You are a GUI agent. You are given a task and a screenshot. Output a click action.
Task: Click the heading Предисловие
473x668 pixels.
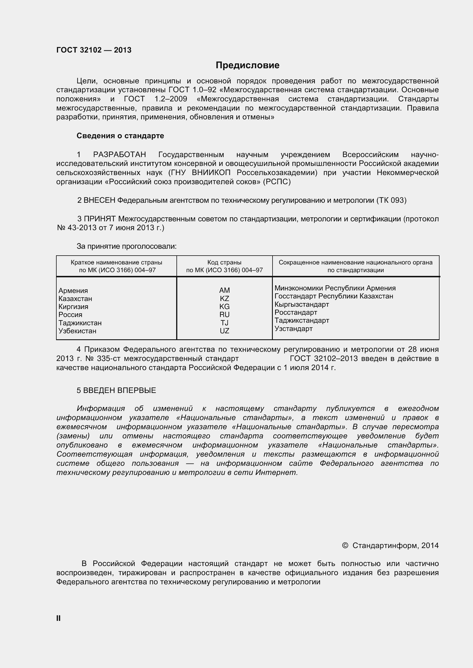(247, 65)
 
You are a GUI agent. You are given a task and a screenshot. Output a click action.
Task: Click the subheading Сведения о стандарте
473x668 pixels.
(120, 136)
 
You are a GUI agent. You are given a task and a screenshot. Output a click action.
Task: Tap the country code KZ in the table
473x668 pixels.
(224, 298)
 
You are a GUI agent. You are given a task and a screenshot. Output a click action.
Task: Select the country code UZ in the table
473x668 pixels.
(224, 331)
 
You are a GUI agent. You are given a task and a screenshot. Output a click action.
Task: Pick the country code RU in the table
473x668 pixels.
(224, 314)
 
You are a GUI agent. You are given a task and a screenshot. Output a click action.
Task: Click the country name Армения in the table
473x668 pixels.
(73, 291)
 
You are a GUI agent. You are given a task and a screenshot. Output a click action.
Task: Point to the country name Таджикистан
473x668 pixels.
(80, 323)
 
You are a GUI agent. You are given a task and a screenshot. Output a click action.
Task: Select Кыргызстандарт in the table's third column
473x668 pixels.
(301, 304)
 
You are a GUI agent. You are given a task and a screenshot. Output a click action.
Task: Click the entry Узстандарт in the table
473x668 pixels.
(293, 329)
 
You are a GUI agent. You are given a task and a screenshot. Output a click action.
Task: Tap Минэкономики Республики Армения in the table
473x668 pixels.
(335, 288)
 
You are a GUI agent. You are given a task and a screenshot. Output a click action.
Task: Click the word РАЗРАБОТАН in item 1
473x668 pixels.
(120, 155)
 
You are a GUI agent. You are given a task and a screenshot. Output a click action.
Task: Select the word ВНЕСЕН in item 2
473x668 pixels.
(99, 200)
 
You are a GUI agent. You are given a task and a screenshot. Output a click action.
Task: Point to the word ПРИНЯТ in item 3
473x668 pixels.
(100, 218)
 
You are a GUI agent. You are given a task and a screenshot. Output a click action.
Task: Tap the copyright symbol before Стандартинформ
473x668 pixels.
(345, 545)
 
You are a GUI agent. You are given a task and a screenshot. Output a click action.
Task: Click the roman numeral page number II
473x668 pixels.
(58, 619)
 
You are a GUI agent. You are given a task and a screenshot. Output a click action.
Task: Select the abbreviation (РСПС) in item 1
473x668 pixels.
(277, 182)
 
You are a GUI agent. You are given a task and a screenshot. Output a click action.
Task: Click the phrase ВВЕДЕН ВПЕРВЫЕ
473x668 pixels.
(120, 390)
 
